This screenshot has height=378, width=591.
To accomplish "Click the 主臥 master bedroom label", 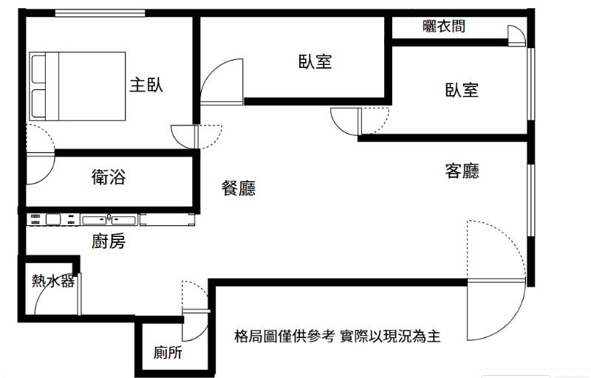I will (x=146, y=85).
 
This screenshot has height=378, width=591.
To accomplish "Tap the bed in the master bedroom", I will (x=78, y=86).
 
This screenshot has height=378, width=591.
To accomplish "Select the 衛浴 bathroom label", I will (x=108, y=177).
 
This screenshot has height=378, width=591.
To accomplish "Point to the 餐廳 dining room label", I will (x=239, y=189).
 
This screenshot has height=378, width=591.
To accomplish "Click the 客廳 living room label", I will (x=462, y=171).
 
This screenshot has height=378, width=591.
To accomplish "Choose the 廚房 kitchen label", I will (x=108, y=241).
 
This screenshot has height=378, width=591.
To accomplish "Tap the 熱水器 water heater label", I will (x=52, y=281).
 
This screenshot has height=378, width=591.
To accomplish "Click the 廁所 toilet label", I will (x=168, y=353).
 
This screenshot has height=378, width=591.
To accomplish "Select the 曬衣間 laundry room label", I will (x=444, y=27).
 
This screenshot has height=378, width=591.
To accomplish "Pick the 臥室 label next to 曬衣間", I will (x=462, y=90).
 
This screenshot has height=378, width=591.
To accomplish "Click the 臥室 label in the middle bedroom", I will (x=315, y=62).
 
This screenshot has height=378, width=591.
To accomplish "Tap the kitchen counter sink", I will (x=109, y=219).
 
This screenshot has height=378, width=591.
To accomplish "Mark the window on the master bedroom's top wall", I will (x=100, y=13).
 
